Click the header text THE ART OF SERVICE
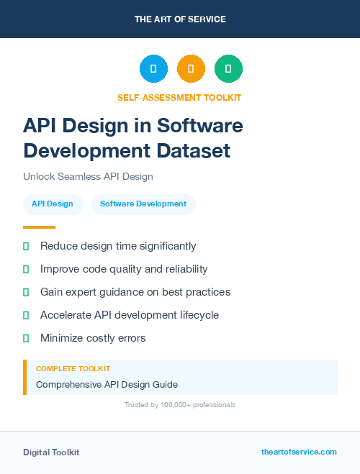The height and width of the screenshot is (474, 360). coord(180,19)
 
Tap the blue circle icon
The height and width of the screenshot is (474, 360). coord(153,69)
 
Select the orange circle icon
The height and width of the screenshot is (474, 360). coord(191,69)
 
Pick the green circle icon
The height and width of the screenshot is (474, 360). coord(228,69)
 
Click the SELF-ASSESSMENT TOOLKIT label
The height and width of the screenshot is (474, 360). coord(179,97)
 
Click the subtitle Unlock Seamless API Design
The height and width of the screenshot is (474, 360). coord(88,176)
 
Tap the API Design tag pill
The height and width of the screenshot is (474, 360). coord(52,204)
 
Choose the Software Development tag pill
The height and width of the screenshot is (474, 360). coord(143,204)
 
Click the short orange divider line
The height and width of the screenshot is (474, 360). coord(39,227)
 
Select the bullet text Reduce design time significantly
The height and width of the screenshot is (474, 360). coord(118,246)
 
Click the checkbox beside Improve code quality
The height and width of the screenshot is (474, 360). coord(26,269)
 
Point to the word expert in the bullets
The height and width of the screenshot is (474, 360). coord(89,292)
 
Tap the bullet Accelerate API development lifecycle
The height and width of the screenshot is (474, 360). coord(130,315)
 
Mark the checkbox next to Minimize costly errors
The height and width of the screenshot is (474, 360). coord(26,338)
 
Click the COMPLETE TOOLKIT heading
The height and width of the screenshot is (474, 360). coord(73,368)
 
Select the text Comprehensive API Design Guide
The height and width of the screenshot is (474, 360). coord(107,384)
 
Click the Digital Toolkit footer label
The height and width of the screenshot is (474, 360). coord(51,452)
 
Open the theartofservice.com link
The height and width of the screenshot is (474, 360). coord(299,452)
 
